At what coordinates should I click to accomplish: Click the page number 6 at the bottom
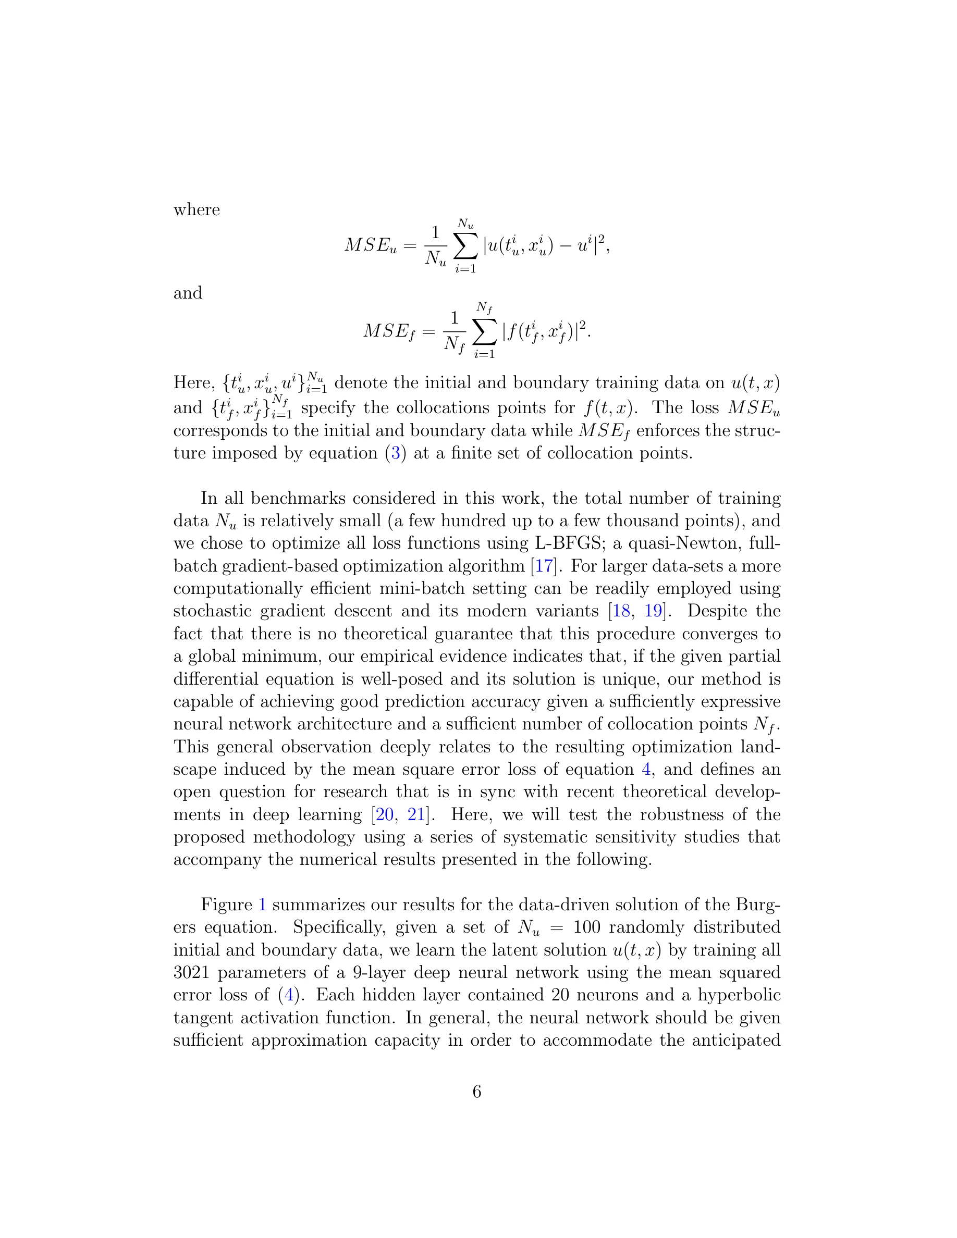(477, 1091)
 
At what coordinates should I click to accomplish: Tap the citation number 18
(621, 611)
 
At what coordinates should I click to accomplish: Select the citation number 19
(653, 611)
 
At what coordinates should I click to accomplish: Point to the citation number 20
(384, 814)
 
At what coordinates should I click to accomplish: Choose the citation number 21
(416, 814)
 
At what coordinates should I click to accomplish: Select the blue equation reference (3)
(396, 453)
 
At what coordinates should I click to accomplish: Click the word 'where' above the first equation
(196, 210)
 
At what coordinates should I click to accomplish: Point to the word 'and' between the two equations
(188, 293)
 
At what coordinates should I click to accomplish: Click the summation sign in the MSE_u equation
(465, 245)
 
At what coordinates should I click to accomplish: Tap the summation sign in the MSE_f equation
(484, 330)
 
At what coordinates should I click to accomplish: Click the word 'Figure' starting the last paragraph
(226, 905)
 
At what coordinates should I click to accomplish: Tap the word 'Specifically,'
(339, 927)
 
